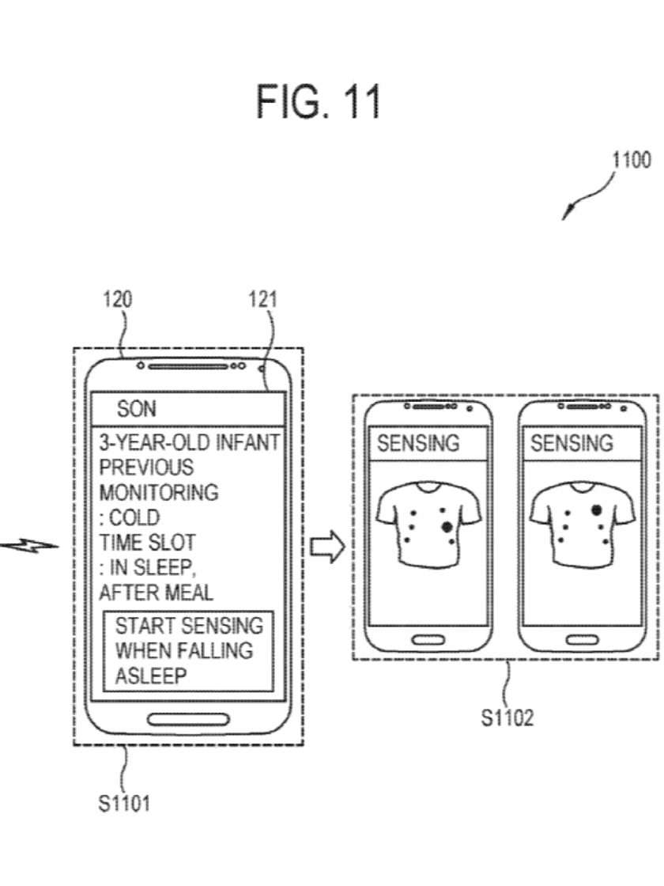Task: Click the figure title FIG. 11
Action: [x=319, y=101]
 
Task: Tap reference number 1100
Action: [x=632, y=161]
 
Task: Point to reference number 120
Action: [x=118, y=301]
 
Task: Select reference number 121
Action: [x=262, y=301]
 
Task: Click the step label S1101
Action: [x=124, y=804]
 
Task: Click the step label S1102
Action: [x=507, y=718]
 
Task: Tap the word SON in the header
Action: [x=137, y=409]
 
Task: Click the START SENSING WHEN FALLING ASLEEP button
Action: [x=188, y=650]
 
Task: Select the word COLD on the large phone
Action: [x=134, y=518]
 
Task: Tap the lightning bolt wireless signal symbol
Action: [x=36, y=545]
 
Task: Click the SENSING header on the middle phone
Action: [x=417, y=444]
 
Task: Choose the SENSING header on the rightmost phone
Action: [x=571, y=444]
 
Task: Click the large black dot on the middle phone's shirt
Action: [x=447, y=526]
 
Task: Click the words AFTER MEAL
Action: [x=156, y=593]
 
